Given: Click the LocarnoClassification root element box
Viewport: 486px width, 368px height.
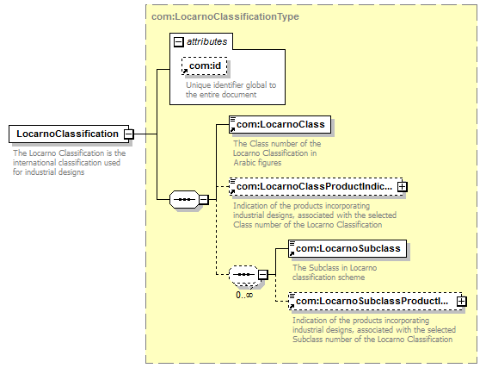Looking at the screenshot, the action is click(69, 134).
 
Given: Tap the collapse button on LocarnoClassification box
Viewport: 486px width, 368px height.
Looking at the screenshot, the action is click(129, 134).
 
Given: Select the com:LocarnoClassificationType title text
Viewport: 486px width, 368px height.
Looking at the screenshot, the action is click(225, 16).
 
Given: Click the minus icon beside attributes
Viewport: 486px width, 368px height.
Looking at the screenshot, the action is click(179, 42).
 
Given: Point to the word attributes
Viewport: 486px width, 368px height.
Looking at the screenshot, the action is click(206, 41).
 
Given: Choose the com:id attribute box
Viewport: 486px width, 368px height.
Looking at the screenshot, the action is click(205, 65).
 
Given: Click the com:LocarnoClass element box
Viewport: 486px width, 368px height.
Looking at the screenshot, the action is click(280, 124).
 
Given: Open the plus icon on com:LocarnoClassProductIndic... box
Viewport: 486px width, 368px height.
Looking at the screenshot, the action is click(402, 186).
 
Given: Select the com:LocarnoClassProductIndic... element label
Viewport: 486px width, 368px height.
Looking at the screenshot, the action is click(314, 186).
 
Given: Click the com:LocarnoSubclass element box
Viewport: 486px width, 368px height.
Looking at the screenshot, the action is click(348, 248).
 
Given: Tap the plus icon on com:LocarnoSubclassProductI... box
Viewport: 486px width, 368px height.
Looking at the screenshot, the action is click(462, 302).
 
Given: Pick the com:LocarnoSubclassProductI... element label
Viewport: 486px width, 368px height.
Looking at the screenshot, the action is click(372, 301).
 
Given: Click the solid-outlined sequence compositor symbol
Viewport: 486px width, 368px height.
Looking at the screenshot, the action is click(184, 199).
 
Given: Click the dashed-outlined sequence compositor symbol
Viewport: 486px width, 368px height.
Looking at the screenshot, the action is click(243, 275).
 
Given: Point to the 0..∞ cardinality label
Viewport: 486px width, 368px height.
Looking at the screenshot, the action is click(244, 295).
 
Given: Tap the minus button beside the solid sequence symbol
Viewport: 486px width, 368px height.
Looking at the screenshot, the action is click(203, 199).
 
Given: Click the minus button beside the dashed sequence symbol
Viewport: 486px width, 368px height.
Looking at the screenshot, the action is click(262, 275).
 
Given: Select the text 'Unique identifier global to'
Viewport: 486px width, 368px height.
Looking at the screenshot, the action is click(231, 85).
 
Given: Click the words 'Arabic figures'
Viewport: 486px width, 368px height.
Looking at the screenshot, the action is click(257, 163).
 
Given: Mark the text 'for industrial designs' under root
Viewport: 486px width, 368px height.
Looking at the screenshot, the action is click(49, 172).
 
